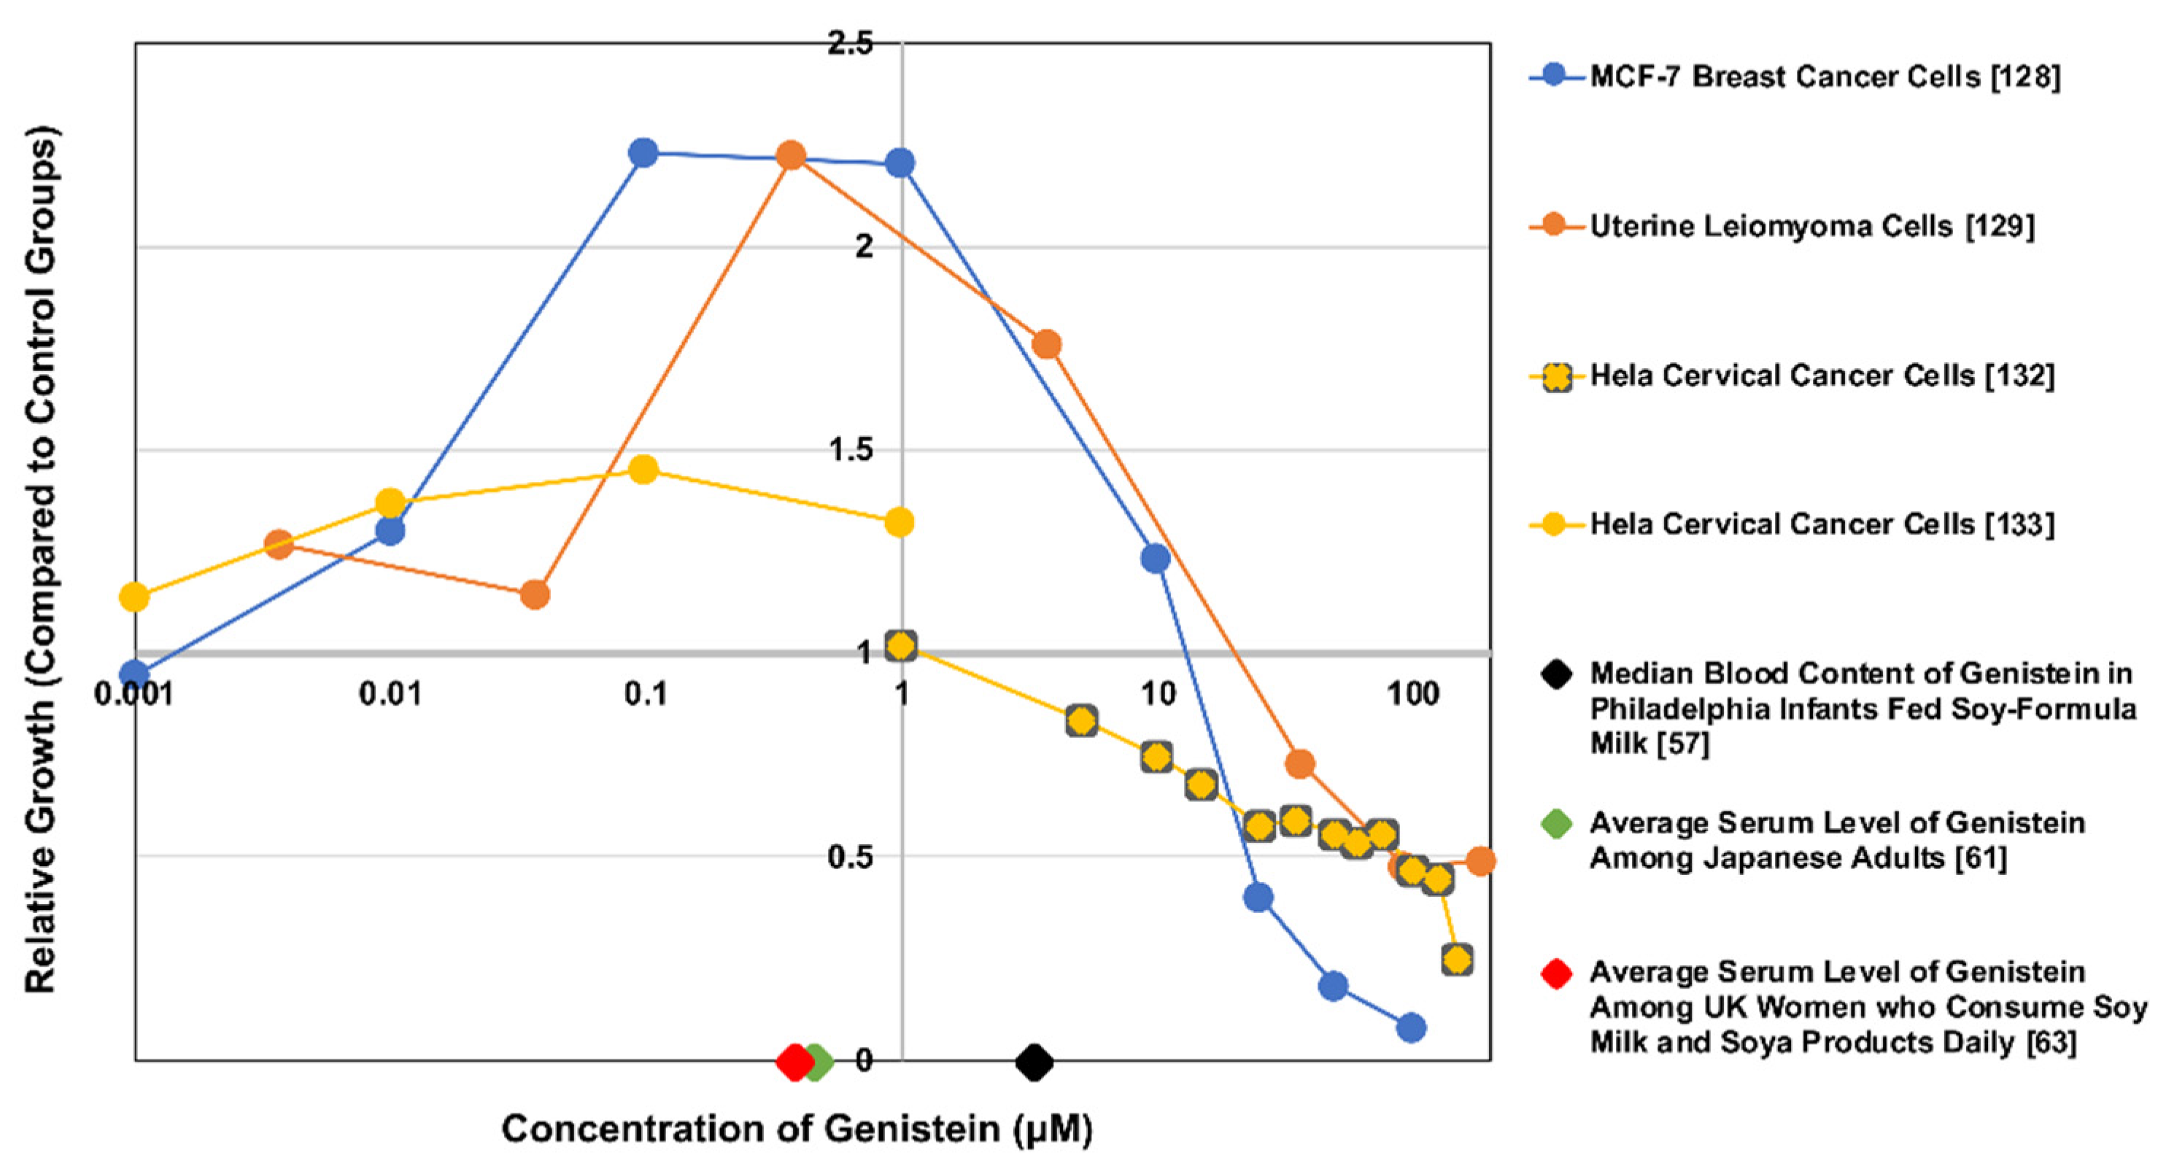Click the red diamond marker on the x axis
click(x=793, y=1062)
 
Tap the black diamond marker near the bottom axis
click(x=1034, y=1062)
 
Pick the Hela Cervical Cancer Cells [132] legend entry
click(x=1820, y=376)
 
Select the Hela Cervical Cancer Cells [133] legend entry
click(x=1820, y=524)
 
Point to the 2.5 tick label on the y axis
click(x=850, y=43)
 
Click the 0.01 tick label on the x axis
click(x=390, y=694)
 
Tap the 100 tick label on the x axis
click(x=1412, y=694)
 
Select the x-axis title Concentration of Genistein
click(x=796, y=1128)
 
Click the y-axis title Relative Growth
click(x=40, y=559)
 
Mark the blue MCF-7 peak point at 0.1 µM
click(x=643, y=153)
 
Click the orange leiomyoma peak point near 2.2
click(x=790, y=155)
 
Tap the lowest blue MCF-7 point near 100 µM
click(x=1412, y=1027)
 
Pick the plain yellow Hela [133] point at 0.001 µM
click(x=134, y=598)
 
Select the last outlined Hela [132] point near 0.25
click(x=1457, y=959)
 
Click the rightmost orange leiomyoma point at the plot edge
click(x=1481, y=861)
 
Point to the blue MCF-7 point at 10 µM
click(x=1156, y=559)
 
